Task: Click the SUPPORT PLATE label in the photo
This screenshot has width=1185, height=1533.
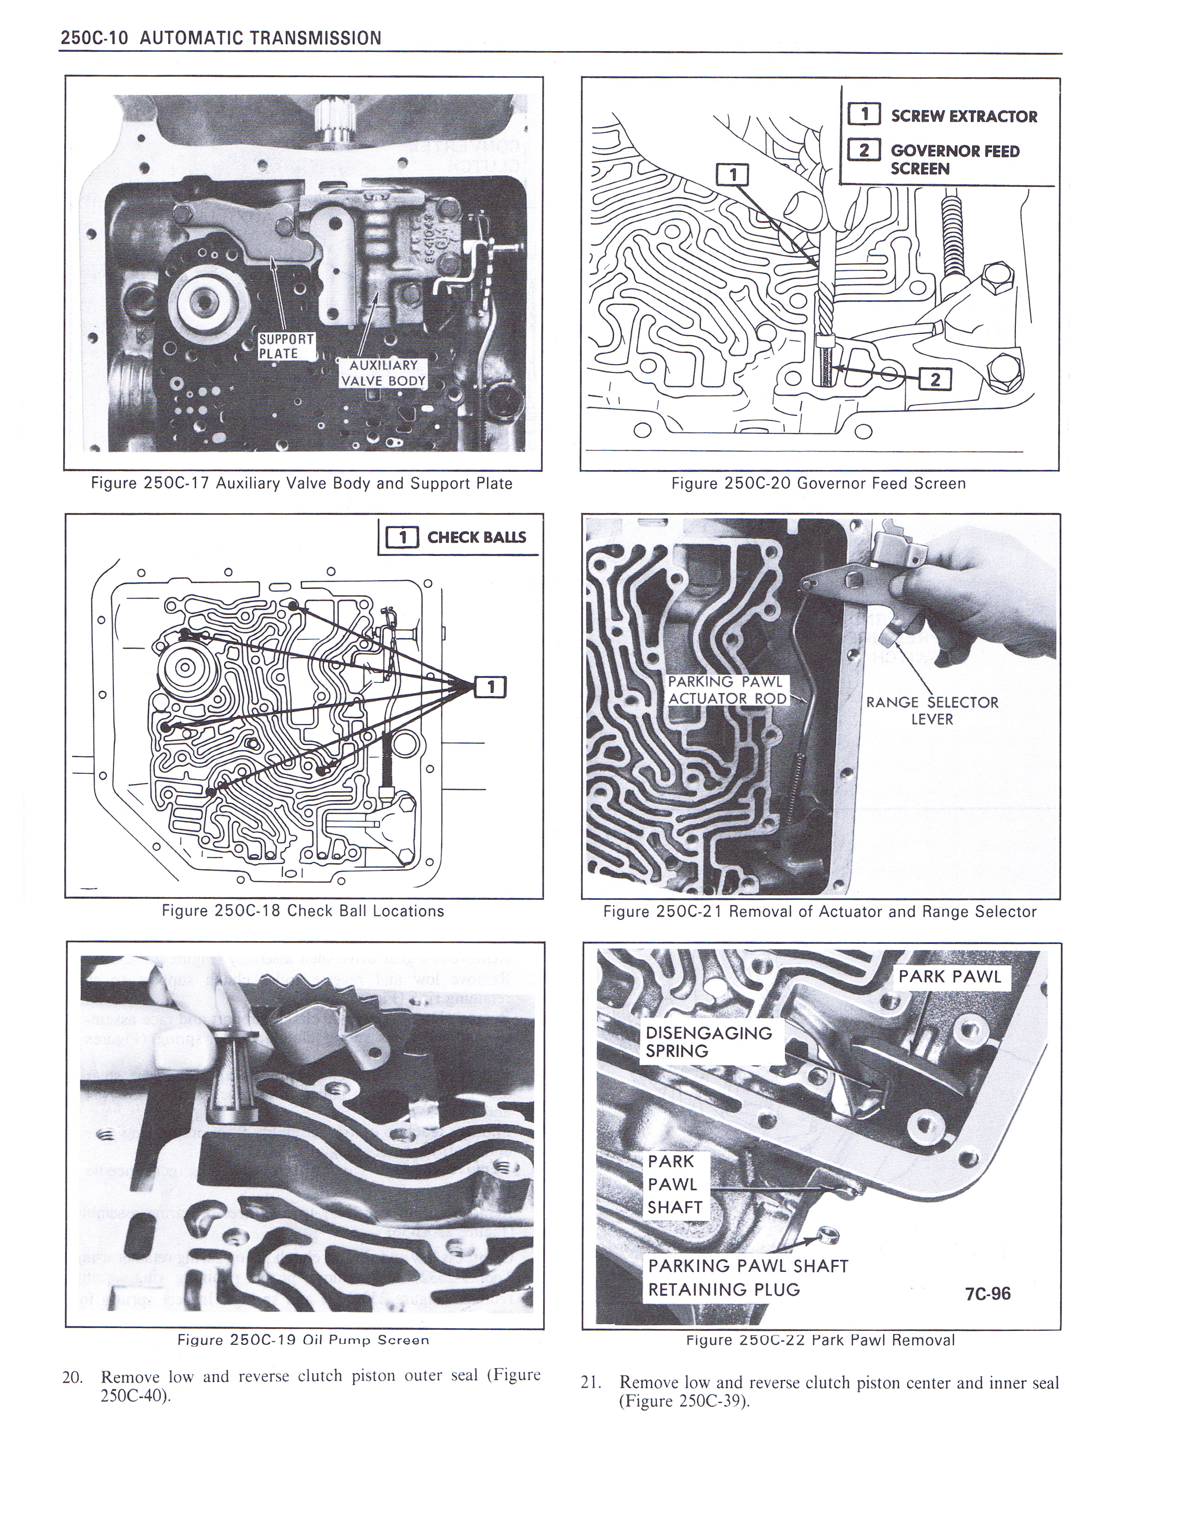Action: pos(286,346)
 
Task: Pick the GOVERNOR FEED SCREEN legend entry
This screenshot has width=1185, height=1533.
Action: pos(955,159)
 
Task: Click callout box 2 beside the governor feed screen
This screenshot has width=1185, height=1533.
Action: pos(935,380)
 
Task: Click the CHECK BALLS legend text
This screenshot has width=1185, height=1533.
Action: pos(477,537)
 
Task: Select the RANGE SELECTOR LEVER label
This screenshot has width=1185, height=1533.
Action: pos(932,710)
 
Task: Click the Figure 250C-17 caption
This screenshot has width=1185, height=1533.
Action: pos(302,484)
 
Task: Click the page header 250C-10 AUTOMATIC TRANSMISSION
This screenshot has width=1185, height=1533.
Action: pos(222,38)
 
